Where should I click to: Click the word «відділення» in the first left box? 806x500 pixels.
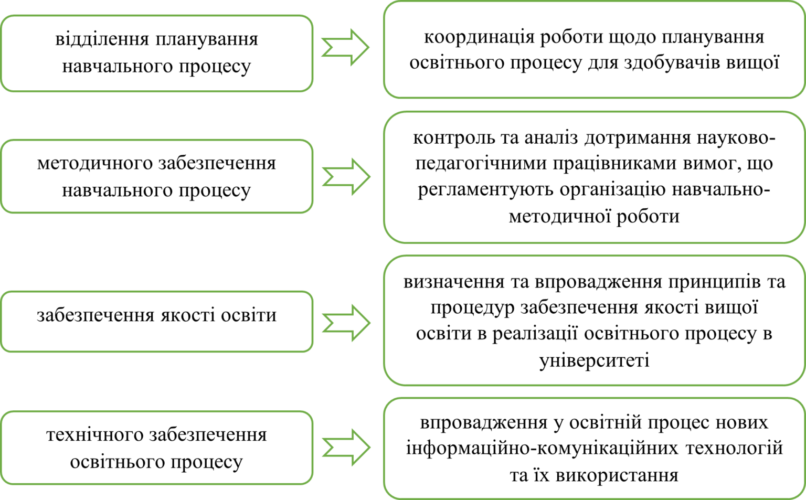click(102, 39)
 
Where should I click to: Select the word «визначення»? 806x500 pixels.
click(454, 282)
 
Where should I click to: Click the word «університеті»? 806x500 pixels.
click(595, 360)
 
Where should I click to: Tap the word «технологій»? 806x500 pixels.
click(735, 449)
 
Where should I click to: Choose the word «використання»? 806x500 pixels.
click(617, 475)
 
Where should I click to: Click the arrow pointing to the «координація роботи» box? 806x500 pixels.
click(345, 48)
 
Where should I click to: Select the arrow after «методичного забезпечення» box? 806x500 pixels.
click(346, 177)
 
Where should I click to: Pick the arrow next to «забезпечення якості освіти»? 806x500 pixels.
click(346, 323)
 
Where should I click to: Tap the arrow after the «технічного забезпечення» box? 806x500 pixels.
click(346, 448)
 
